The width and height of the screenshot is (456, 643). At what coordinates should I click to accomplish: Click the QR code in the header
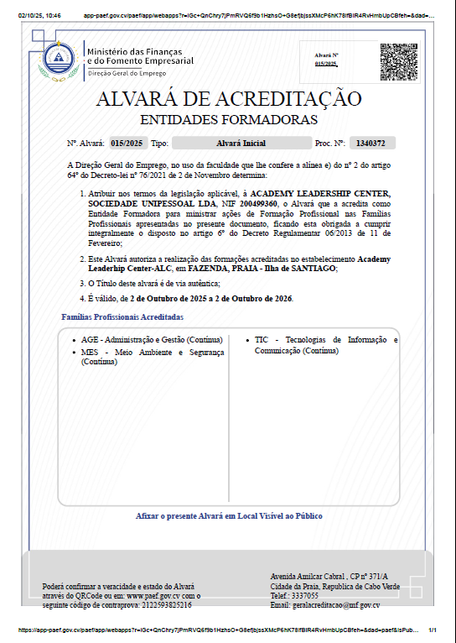pyautogui.click(x=398, y=60)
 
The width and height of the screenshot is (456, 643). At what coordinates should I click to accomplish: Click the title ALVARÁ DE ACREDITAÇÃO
pyautogui.click(x=229, y=98)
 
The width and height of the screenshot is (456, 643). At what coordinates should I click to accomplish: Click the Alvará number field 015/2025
pyautogui.click(x=128, y=144)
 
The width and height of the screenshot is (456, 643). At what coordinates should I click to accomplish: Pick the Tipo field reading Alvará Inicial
pyautogui.click(x=240, y=144)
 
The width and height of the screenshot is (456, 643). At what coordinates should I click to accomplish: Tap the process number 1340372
pyautogui.click(x=371, y=144)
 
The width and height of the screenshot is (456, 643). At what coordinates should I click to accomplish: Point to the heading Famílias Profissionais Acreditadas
pyautogui.click(x=122, y=316)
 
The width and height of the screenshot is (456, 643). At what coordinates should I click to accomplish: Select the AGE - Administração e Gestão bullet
pyautogui.click(x=152, y=339)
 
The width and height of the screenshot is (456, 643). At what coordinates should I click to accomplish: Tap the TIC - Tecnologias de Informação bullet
pyautogui.click(x=326, y=344)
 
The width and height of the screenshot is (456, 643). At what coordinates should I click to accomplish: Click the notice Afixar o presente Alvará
pyautogui.click(x=229, y=516)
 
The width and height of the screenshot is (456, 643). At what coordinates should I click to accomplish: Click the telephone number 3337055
pyautogui.click(x=305, y=595)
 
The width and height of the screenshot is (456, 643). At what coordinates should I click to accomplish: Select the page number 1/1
pyautogui.click(x=433, y=630)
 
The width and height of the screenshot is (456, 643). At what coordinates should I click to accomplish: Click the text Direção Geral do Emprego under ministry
pyautogui.click(x=127, y=74)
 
